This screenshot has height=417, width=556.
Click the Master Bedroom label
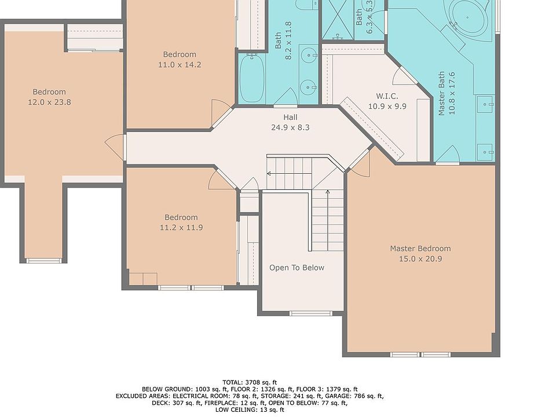point(420,248)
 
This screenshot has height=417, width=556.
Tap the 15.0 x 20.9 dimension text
point(420,259)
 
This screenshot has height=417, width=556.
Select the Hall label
point(290,118)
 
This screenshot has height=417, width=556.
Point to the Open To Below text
point(297,268)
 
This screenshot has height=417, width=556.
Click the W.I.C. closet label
point(387,96)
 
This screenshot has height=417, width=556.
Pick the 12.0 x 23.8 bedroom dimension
point(49,102)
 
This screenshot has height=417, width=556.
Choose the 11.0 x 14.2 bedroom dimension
point(180,64)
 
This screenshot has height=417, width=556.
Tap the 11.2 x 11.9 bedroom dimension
point(181,227)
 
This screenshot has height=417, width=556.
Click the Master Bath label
point(441,94)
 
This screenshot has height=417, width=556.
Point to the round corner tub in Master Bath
point(467,17)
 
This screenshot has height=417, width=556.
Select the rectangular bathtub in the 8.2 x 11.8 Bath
point(251,79)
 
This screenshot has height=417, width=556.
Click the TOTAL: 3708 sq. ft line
point(250,382)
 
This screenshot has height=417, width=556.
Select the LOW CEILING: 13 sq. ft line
point(250,410)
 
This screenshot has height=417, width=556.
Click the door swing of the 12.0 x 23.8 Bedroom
point(114,145)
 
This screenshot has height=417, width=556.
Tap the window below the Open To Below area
point(311,313)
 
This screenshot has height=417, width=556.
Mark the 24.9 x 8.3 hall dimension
point(290,127)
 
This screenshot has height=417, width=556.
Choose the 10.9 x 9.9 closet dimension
point(387,106)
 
